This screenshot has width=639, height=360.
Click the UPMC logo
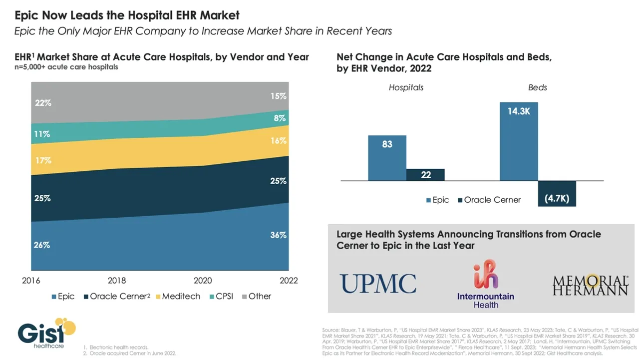pyautogui.click(x=378, y=284)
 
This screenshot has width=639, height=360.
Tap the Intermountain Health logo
pyautogui.click(x=486, y=284)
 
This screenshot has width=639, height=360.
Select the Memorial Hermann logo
pyautogui.click(x=590, y=285)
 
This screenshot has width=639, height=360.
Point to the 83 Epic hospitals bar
pyautogui.click(x=387, y=157)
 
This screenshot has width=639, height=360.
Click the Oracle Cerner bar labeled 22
pyautogui.click(x=425, y=174)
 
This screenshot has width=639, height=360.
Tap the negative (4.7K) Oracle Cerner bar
pyautogui.click(x=557, y=193)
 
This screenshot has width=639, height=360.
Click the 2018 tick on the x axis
pyautogui.click(x=117, y=281)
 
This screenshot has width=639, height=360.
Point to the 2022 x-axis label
pyautogui.click(x=288, y=281)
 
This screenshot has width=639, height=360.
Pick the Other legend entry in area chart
pyautogui.click(x=255, y=296)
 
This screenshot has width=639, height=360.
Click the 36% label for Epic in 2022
pyautogui.click(x=279, y=235)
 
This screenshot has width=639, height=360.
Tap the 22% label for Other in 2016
pyautogui.click(x=43, y=103)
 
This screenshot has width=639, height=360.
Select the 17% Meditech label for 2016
pyautogui.click(x=43, y=160)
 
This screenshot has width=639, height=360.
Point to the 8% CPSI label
pyautogui.click(x=280, y=118)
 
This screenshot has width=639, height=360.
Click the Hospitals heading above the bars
pyautogui.click(x=406, y=87)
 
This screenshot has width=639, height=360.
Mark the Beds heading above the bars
pyautogui.click(x=538, y=87)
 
